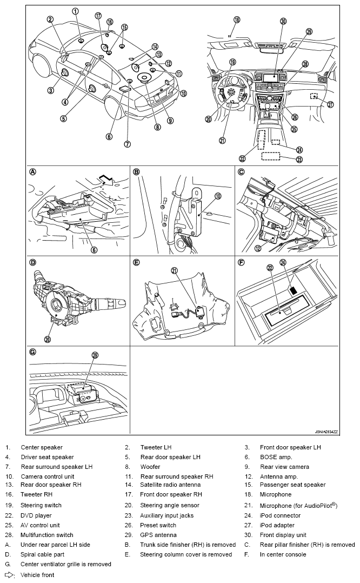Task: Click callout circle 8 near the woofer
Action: pos(157,128)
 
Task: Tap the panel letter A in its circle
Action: pos(33,171)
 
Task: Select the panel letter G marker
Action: pos(33,352)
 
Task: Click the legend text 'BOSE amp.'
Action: pos(274,457)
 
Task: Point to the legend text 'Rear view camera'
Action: pos(284,467)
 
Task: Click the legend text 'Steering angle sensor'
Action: pos(170,506)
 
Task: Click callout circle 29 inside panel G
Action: pos(95,355)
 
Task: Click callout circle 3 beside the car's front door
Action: pos(50,90)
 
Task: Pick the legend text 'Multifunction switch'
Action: pos(47,535)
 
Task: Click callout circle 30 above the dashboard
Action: pos(283,22)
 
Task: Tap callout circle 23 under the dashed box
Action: pos(299,160)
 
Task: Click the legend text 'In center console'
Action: pos(283,554)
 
